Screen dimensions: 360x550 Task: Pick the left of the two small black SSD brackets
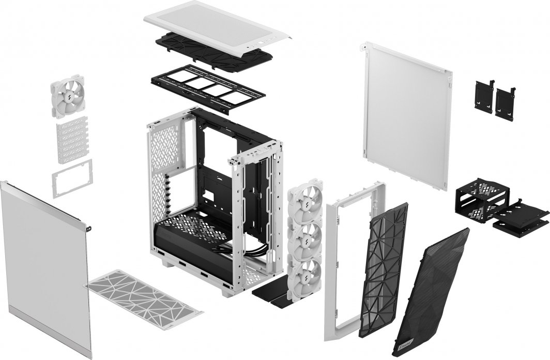(x=484, y=95)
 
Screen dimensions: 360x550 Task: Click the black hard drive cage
(x=478, y=200)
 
